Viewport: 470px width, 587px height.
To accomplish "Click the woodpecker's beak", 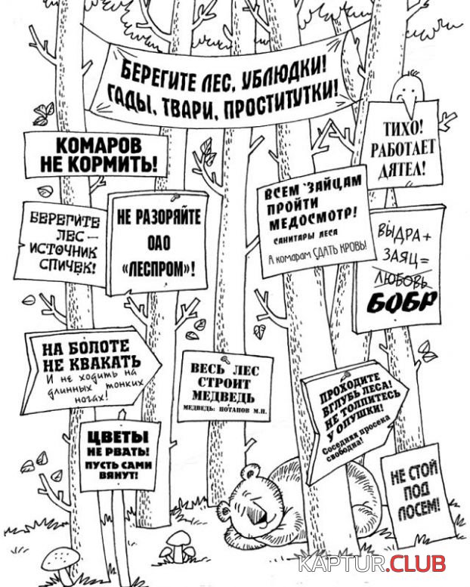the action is click(410, 103).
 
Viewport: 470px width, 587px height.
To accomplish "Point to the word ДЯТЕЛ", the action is click(403, 170).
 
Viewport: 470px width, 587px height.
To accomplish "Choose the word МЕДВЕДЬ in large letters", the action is click(223, 396).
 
